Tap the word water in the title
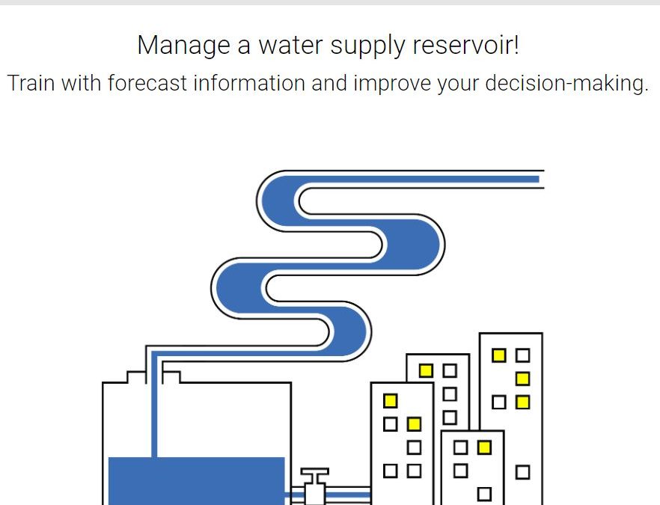tap(290, 45)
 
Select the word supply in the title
tap(367, 46)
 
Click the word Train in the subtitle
tap(31, 83)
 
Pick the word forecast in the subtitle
tap(147, 83)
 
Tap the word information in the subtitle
tap(249, 83)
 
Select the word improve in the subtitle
tap(392, 84)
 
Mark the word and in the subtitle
tap(329, 83)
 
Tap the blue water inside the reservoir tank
tap(197, 480)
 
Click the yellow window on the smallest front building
tap(484, 447)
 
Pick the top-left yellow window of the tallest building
tap(499, 355)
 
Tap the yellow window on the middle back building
tap(426, 370)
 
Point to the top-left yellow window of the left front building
tap(390, 400)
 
